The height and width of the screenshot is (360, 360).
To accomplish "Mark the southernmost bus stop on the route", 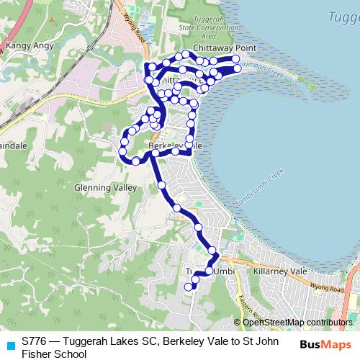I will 189,287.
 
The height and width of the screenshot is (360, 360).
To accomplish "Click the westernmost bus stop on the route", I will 122,152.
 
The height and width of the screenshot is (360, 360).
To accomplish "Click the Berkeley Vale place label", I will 171,145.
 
